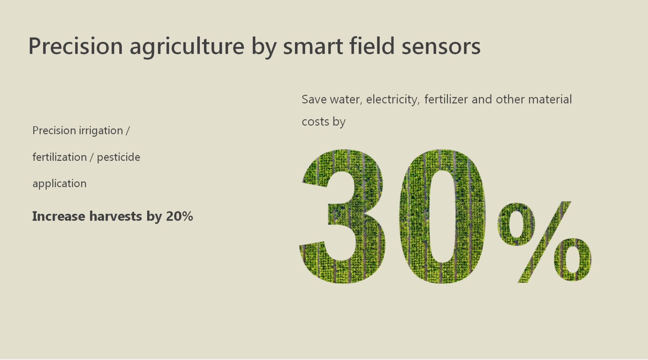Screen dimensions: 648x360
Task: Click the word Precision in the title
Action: point(76,46)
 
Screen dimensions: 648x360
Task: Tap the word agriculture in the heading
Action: point(187,47)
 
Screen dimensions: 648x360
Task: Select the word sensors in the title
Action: point(441,46)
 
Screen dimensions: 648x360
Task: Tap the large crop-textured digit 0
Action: point(442,216)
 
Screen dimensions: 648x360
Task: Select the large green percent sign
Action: point(544,242)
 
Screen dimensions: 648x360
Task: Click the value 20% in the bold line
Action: point(179,216)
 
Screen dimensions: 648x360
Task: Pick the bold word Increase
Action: point(59,216)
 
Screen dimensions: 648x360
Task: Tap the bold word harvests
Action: point(116,216)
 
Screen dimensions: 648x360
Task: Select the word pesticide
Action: point(118,157)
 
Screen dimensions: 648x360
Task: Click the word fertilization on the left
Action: point(59,157)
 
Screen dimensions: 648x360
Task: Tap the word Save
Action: point(314,99)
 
